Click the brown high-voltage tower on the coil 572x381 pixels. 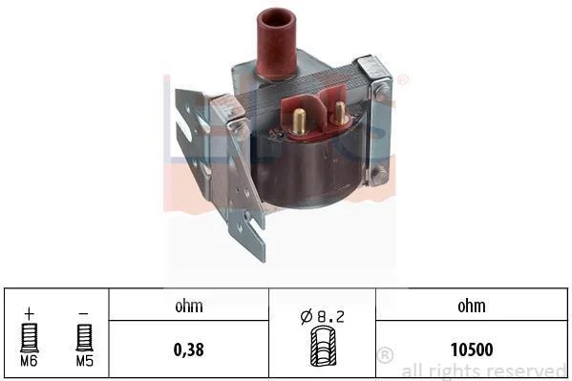coord(277,44)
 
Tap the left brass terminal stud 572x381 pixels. coord(299,121)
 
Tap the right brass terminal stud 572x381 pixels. coord(339,113)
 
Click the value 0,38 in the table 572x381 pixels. coord(189,349)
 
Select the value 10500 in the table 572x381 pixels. coord(472,349)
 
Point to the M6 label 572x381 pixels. coord(29,361)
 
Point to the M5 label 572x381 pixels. coord(85,361)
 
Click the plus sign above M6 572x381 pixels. coord(30,313)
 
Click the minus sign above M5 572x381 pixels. coord(84,313)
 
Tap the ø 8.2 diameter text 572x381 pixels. coord(322,316)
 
